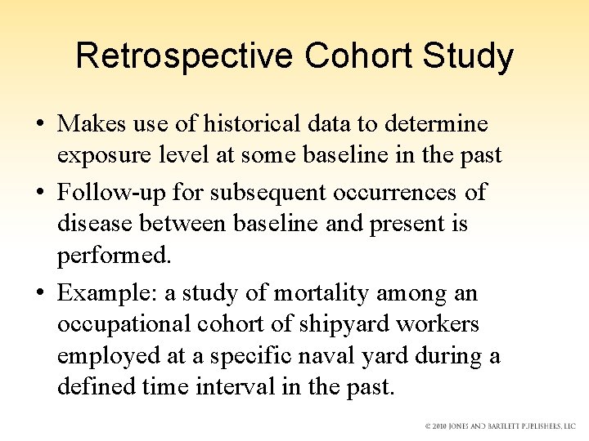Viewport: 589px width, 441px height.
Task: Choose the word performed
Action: [x=115, y=255]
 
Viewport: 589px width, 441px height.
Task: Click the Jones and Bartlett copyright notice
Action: [x=500, y=426]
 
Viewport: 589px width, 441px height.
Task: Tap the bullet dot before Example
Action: [x=40, y=293]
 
